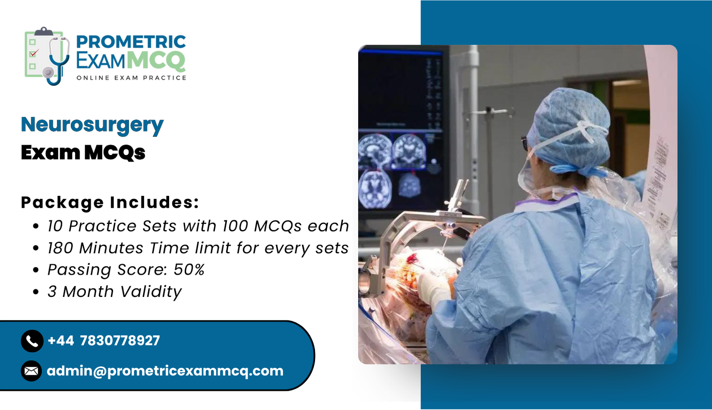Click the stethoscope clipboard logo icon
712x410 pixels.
[47, 56]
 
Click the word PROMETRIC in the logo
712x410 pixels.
[131, 42]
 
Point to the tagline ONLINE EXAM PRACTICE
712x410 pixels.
[131, 78]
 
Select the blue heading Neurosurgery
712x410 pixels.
[92, 125]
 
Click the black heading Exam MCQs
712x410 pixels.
[83, 153]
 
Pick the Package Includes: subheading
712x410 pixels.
[110, 202]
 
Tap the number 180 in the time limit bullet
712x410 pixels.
[61, 248]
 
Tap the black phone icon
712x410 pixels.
[32, 341]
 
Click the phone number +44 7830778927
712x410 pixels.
[104, 341]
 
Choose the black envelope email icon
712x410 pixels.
[32, 371]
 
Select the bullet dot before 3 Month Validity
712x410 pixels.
[36, 292]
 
